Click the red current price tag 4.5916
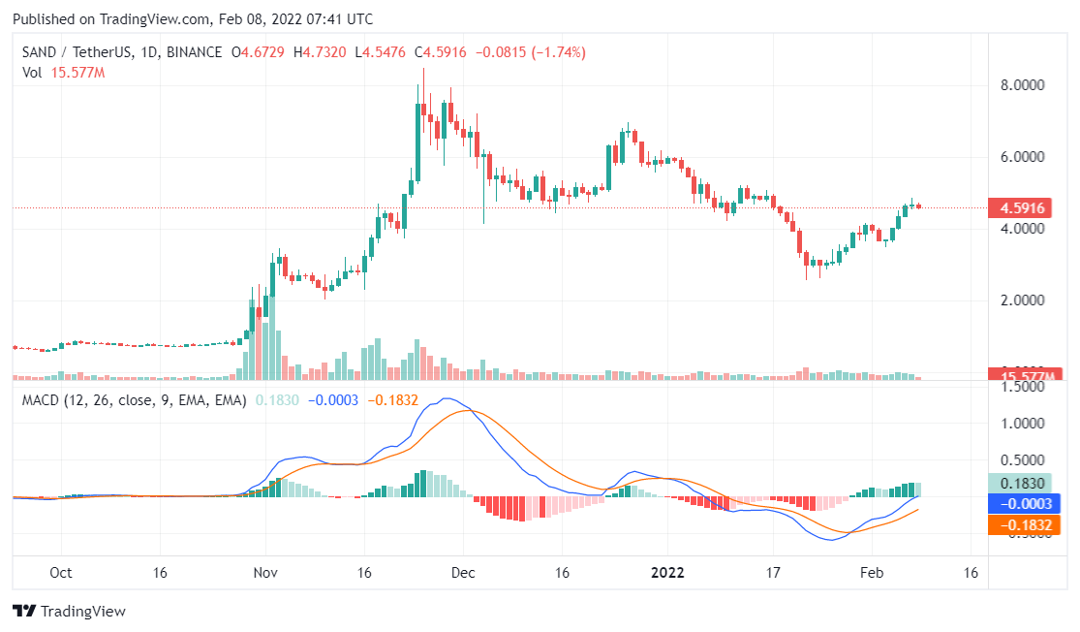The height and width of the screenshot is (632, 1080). coord(1025,207)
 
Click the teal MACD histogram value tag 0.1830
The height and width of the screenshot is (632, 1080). coord(1025,483)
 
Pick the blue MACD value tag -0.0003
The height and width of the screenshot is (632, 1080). coord(1025,504)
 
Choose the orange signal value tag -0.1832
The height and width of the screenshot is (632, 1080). coord(1025,525)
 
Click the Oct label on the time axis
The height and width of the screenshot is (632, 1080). coord(60,573)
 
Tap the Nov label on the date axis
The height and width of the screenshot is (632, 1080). coord(265,573)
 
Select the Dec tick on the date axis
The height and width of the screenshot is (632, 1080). coord(463,573)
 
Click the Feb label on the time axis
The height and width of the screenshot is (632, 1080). coord(874,573)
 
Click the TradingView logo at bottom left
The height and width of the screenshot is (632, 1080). coord(70,612)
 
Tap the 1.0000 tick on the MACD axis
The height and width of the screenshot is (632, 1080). coord(1023,424)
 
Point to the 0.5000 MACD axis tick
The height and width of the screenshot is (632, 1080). coord(1023,460)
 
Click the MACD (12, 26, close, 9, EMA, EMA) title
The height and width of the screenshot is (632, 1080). coord(134,399)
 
